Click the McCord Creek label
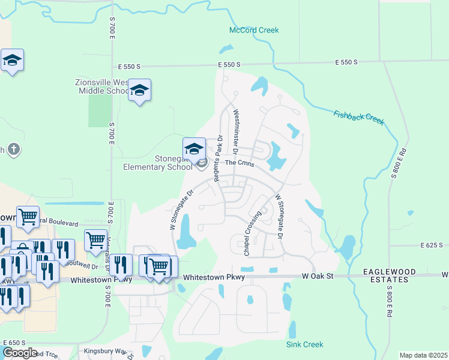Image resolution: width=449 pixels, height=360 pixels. pyautogui.click(x=254, y=31)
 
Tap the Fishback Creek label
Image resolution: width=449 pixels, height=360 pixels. pyautogui.click(x=358, y=117)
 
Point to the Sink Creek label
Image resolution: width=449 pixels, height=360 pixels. pyautogui.click(x=304, y=344)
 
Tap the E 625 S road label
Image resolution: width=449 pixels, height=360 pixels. pyautogui.click(x=432, y=245)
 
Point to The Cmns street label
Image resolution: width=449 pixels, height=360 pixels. pyautogui.click(x=240, y=163)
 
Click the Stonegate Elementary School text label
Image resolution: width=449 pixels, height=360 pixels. pyautogui.click(x=157, y=163)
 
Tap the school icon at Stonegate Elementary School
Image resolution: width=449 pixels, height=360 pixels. pyautogui.click(x=194, y=149)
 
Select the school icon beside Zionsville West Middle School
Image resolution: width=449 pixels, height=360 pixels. pyautogui.click(x=139, y=90)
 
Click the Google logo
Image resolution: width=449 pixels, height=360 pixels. pyautogui.click(x=19, y=353)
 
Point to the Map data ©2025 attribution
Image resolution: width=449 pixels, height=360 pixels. pyautogui.click(x=423, y=355)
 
